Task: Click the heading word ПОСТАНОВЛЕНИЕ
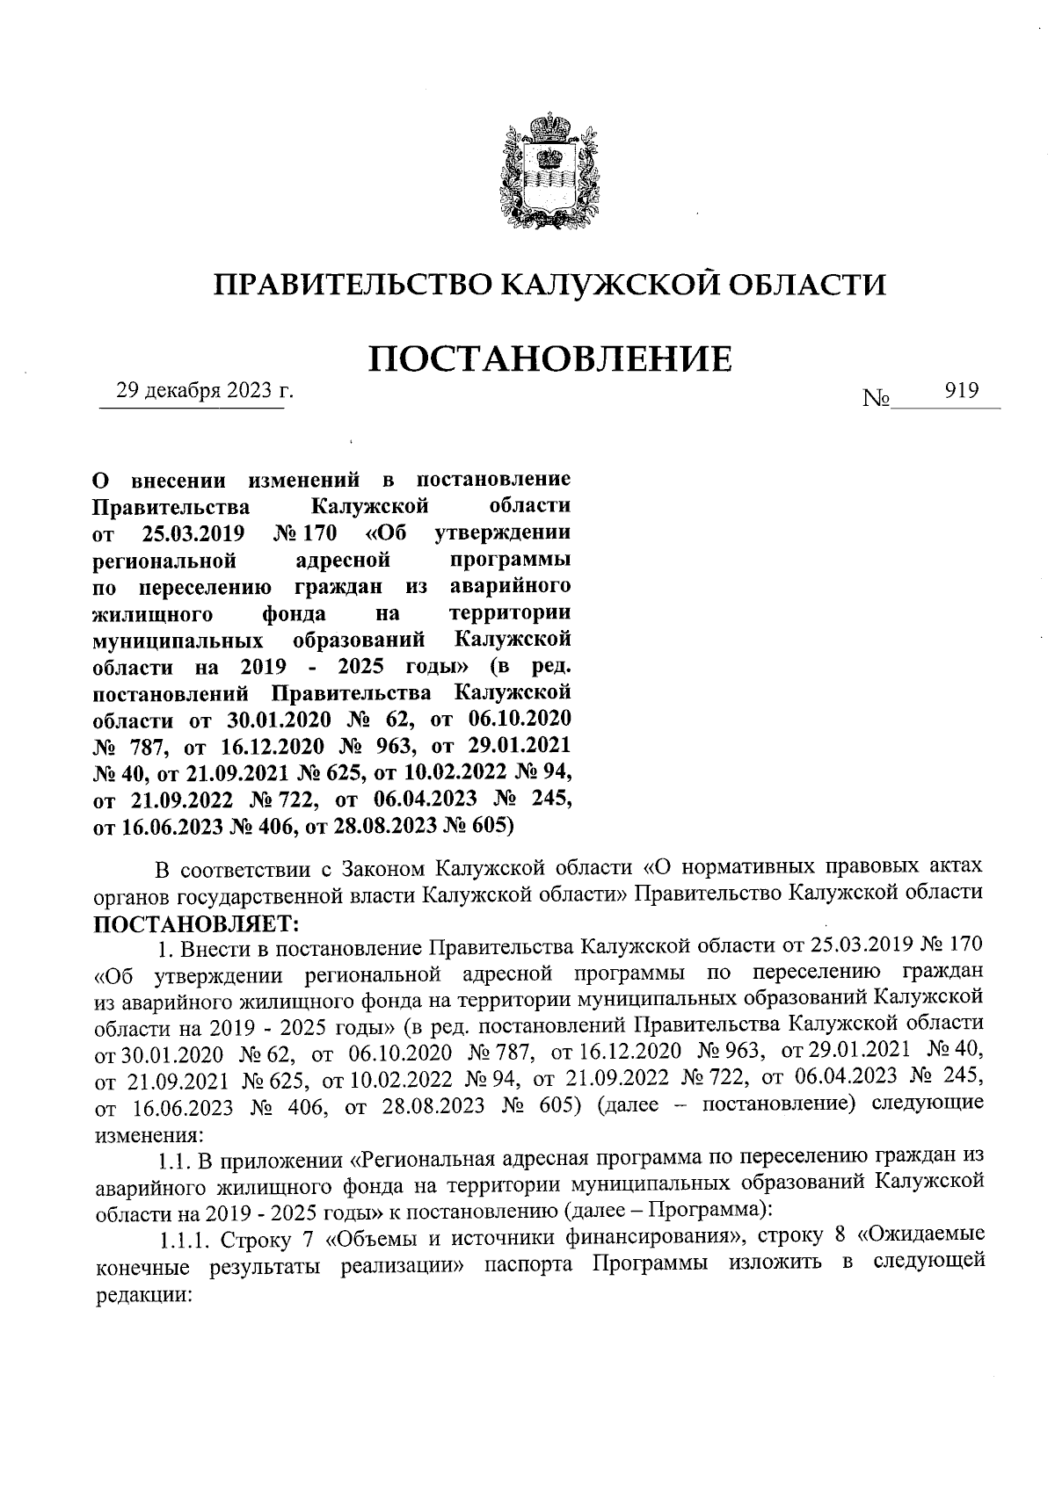[x=549, y=359]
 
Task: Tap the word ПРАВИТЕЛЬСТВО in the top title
[x=351, y=284]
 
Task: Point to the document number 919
[x=961, y=391]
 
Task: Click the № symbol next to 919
[x=877, y=400]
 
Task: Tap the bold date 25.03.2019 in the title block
[x=193, y=533]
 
